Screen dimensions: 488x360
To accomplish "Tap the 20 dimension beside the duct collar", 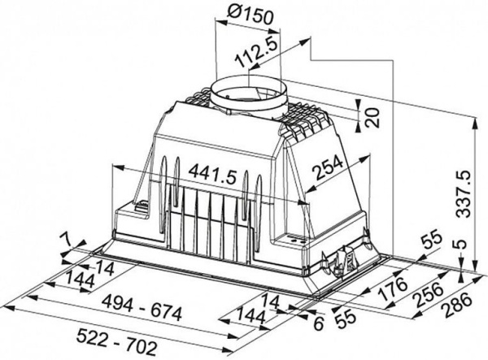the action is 373,118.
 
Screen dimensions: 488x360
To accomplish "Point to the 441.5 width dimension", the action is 213,175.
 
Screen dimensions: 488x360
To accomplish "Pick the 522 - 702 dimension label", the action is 116,342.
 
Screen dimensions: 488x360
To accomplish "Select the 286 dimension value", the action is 457,306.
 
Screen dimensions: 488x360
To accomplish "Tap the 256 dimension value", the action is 427,294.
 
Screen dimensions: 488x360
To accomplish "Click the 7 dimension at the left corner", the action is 64,239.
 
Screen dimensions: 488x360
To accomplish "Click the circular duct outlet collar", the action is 248,93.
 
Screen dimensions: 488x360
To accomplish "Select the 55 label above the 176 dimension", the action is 431,240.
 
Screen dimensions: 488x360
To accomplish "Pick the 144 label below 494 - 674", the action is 251,315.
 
